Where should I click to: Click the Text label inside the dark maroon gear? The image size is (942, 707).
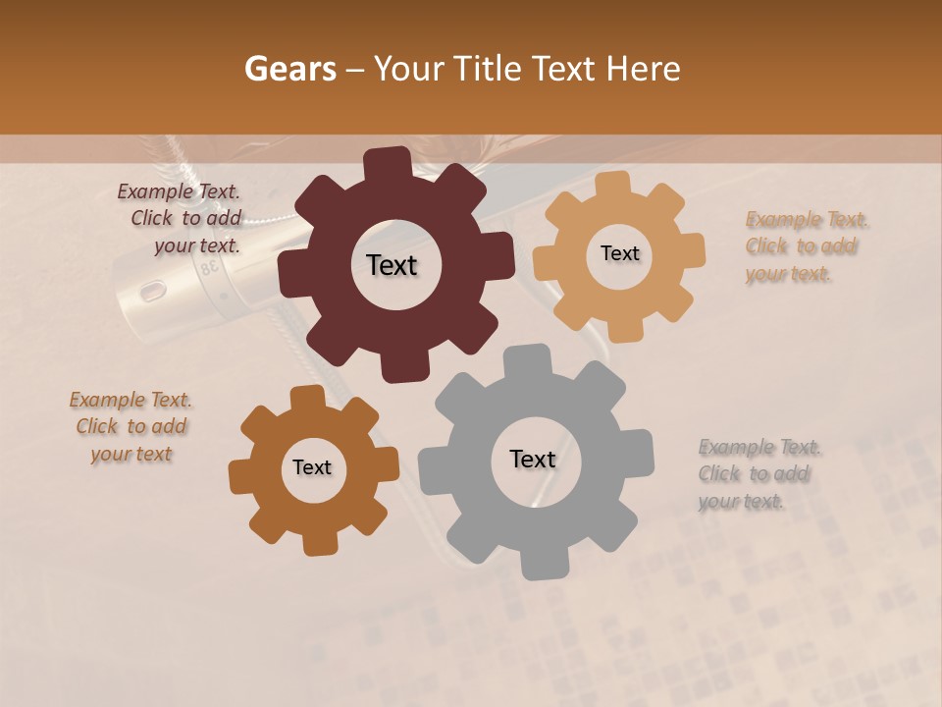[392, 265]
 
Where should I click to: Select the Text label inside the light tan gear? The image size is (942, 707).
[619, 253]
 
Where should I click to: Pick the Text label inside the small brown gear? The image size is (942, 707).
[312, 467]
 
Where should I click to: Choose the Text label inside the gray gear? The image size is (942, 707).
[533, 459]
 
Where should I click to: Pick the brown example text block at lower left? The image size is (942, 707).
[131, 426]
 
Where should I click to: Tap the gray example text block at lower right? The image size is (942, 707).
[756, 474]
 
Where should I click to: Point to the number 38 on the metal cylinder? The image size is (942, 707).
[207, 268]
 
